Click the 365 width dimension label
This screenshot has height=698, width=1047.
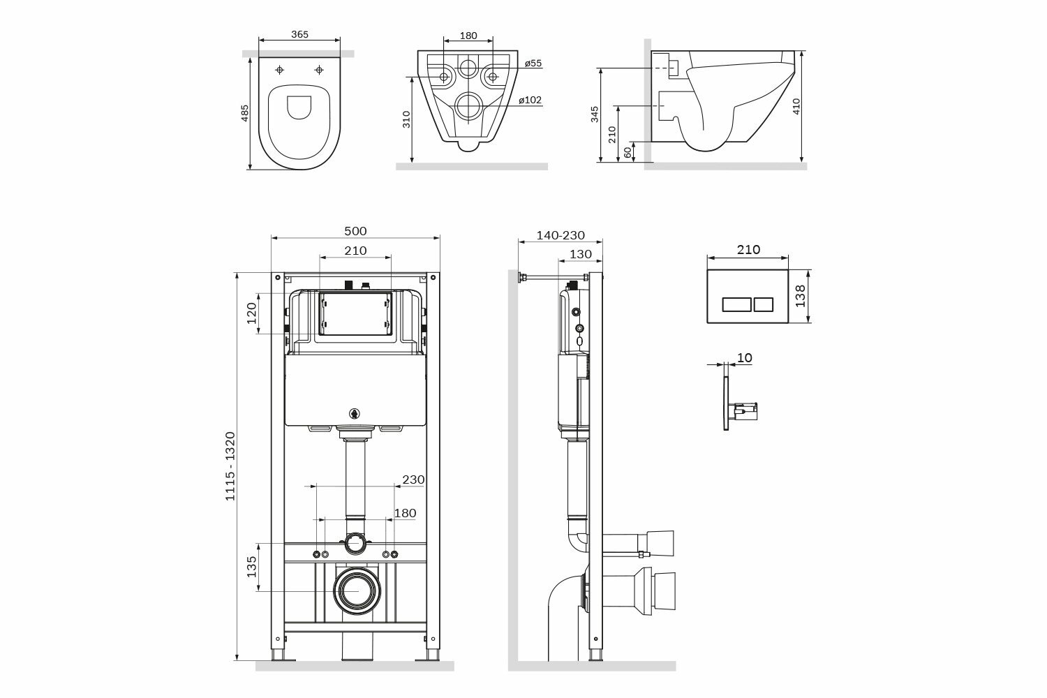(x=299, y=34)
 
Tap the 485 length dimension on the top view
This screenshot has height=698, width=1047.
(x=244, y=113)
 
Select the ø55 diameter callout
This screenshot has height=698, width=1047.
(x=533, y=63)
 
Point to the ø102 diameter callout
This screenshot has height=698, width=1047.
(x=530, y=100)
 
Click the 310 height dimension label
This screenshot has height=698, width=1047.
(x=406, y=119)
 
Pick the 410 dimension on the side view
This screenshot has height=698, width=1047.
(x=796, y=106)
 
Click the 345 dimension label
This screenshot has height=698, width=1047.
(x=594, y=114)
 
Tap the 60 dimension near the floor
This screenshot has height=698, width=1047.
(x=628, y=152)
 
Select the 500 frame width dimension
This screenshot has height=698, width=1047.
(x=355, y=231)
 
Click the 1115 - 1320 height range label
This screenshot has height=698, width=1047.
(x=230, y=466)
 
